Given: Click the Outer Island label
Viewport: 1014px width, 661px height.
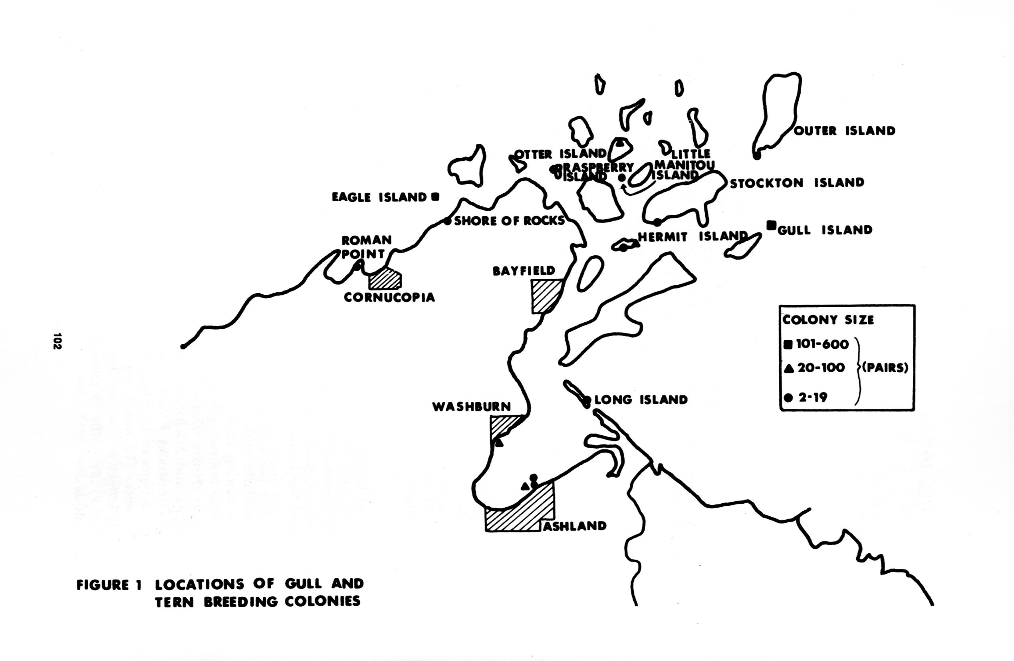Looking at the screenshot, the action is [844, 131].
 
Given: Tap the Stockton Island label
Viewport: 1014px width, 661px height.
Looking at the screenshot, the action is [797, 183].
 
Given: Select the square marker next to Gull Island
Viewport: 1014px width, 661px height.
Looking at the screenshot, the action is [771, 225].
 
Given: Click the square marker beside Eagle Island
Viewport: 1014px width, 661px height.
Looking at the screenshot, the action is [435, 197].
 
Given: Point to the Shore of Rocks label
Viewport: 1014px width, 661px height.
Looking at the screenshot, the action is [509, 220].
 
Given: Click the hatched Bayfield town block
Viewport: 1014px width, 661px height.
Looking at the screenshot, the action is [547, 296].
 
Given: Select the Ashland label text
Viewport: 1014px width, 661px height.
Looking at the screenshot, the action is [575, 526].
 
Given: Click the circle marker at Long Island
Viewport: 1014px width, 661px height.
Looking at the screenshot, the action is [587, 400].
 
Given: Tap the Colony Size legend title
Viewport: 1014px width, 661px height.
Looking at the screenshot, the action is [828, 320].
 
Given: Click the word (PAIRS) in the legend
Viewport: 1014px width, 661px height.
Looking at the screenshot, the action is [885, 368].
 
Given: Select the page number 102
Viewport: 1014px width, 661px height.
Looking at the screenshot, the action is [57, 341].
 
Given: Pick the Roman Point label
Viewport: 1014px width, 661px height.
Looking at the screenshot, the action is [366, 247].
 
